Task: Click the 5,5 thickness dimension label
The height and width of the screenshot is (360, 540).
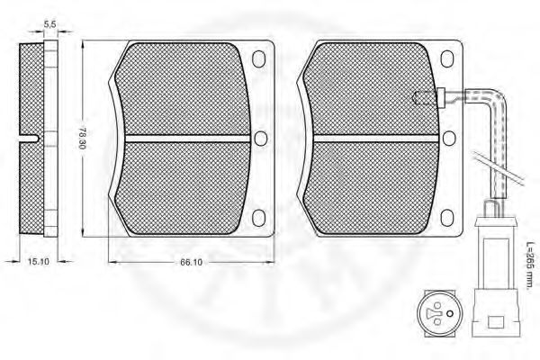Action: pyautogui.click(x=49, y=24)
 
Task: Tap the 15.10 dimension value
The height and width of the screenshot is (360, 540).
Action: pyautogui.click(x=38, y=262)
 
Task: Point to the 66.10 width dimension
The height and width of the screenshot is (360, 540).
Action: pyautogui.click(x=191, y=262)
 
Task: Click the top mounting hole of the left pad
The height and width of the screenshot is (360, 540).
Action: pyautogui.click(x=258, y=58)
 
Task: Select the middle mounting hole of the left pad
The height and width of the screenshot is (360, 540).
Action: pyautogui.click(x=261, y=138)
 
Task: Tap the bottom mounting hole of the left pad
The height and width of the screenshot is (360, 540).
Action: pyautogui.click(x=258, y=218)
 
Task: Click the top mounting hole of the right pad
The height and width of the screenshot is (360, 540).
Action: pyautogui.click(x=447, y=58)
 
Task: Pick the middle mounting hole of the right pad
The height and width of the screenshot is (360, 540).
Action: pyautogui.click(x=449, y=138)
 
